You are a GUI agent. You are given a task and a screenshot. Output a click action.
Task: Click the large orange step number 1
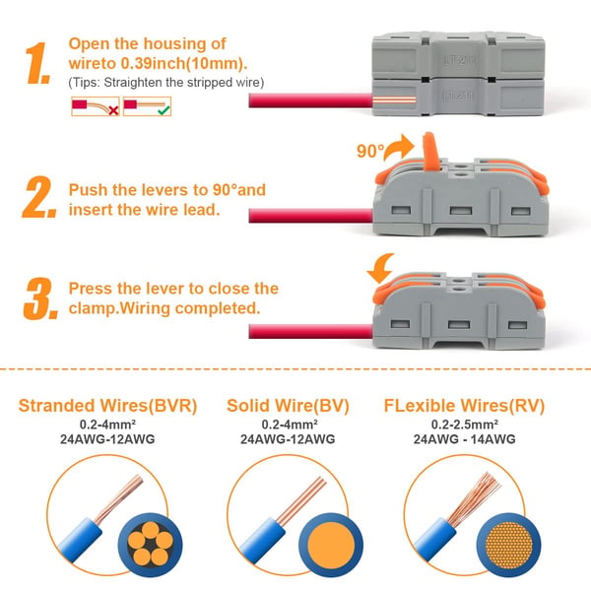click(37, 63)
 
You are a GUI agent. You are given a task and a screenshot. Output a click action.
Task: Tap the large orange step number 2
click(39, 197)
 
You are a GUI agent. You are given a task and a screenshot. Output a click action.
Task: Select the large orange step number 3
click(40, 298)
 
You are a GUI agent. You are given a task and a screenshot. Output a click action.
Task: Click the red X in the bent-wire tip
click(113, 110)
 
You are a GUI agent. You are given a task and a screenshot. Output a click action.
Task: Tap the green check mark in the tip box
click(164, 109)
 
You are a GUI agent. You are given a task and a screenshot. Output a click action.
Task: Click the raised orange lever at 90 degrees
click(430, 151)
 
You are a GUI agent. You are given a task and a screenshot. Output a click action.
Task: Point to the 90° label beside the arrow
click(370, 151)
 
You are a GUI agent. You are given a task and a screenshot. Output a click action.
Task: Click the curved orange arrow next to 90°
click(399, 147)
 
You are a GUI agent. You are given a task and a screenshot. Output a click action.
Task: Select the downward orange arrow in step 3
click(380, 268)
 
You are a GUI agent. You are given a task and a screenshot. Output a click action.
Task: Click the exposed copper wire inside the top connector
click(394, 100)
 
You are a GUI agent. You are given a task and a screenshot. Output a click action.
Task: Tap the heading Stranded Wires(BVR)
click(107, 406)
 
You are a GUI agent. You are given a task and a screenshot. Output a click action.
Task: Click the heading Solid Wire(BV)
click(288, 406)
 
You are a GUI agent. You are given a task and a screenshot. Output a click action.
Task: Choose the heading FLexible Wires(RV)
click(464, 406)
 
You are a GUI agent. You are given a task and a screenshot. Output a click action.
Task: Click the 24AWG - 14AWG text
click(464, 439)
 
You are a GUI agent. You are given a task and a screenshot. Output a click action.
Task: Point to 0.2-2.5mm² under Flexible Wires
click(464, 425)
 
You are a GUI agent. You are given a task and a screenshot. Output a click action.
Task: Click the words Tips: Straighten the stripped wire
click(166, 82)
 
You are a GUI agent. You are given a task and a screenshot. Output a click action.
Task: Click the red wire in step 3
click(310, 332)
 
